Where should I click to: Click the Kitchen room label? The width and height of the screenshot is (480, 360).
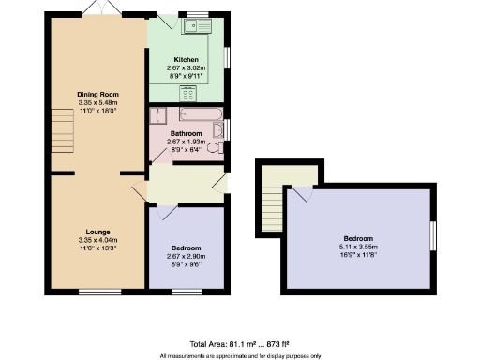coord(187,59)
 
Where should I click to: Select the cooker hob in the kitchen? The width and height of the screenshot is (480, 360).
coord(187,93)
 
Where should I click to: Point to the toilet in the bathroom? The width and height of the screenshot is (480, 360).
coord(215,147)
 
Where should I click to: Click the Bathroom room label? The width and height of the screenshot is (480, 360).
coord(187,133)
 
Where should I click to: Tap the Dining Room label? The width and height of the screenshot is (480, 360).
coord(97,93)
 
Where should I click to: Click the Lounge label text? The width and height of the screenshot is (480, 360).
coord(97,231)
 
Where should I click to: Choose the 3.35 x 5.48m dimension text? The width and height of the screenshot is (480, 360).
coord(97,101)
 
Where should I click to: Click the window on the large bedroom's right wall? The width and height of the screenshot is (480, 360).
coord(432,235)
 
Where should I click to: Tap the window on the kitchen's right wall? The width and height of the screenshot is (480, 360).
coord(226,57)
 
